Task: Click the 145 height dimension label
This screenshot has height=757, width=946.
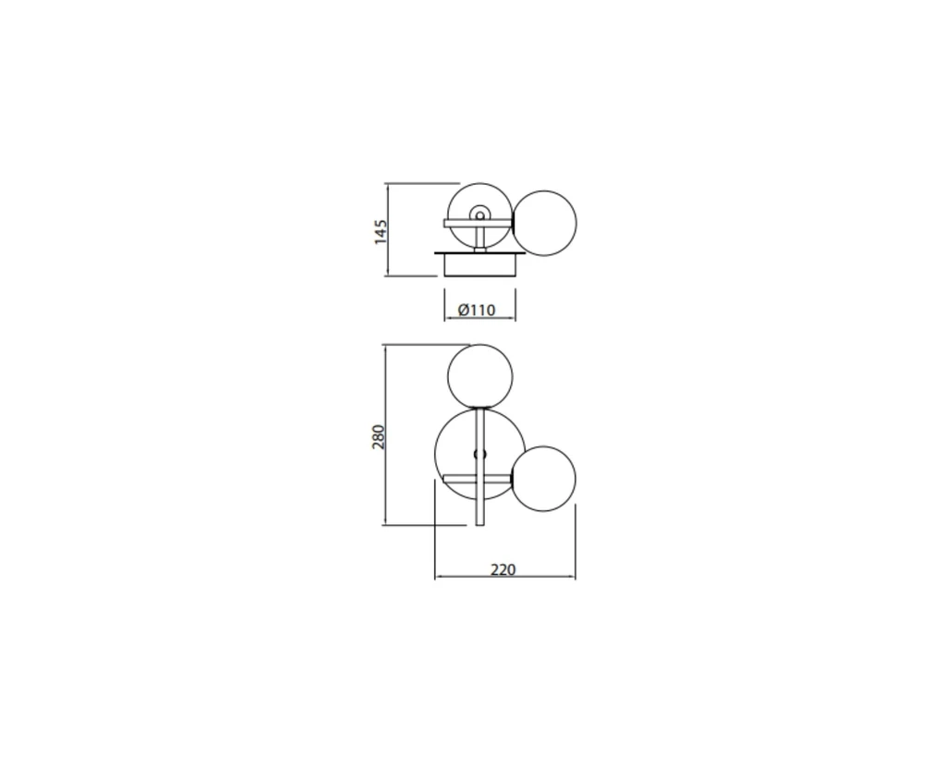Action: point(380,232)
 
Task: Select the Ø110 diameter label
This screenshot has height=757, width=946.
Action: point(477,310)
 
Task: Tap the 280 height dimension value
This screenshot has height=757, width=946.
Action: point(378,437)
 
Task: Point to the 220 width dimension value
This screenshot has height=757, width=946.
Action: point(503,569)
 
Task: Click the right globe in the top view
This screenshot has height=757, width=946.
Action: point(544,224)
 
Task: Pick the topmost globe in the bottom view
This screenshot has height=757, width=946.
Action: point(480,377)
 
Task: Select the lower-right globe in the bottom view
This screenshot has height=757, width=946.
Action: point(543,479)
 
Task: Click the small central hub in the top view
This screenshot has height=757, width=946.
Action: point(480,214)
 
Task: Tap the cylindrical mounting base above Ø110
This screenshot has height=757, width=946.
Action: point(480,265)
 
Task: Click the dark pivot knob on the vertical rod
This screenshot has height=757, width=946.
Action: point(480,454)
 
